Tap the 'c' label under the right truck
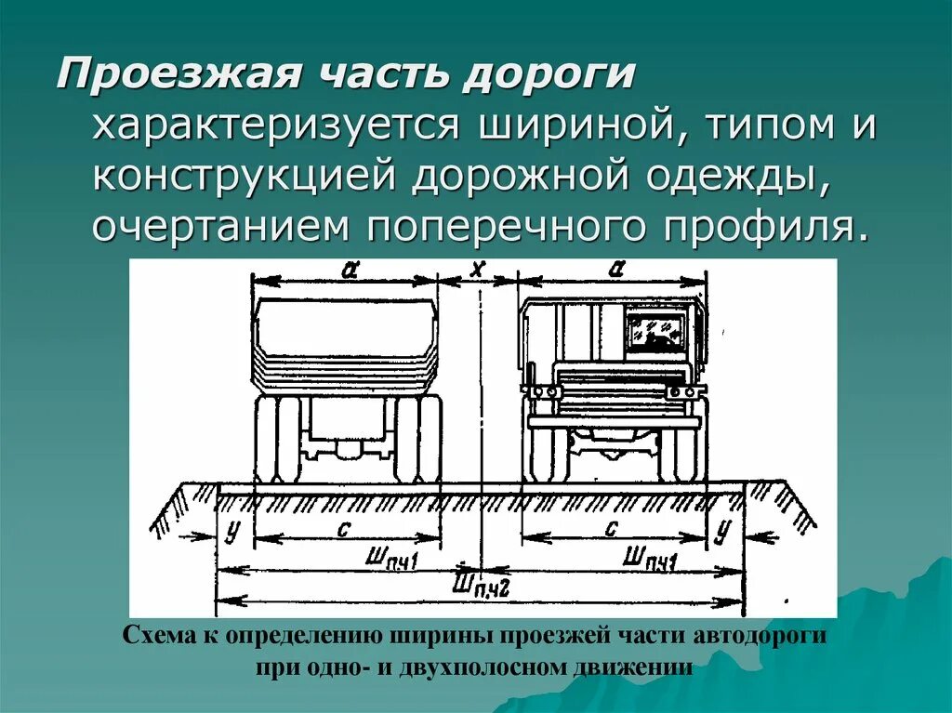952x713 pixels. click(x=611, y=527)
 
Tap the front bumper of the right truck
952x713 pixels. click(x=614, y=421)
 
